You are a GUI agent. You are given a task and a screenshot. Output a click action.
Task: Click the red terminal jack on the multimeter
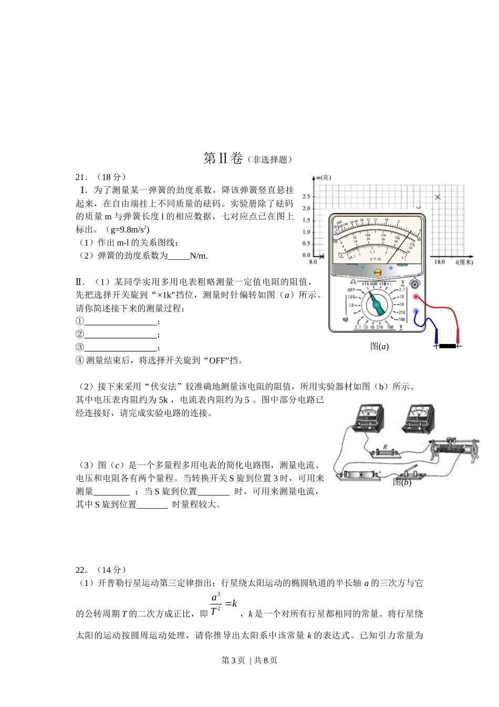[x=415, y=297]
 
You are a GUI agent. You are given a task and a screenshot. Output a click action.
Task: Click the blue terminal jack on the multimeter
[x=415, y=311]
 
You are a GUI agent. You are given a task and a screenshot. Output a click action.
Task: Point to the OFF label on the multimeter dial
[x=351, y=290]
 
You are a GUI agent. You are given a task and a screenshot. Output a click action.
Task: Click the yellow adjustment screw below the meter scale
[x=377, y=272]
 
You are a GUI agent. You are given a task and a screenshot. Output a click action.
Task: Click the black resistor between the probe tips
[x=447, y=346]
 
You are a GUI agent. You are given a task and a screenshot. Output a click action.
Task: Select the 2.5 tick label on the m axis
[x=306, y=197]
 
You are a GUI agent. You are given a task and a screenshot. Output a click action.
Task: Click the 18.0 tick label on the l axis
[x=439, y=261]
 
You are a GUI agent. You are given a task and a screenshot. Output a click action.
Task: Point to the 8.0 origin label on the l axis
[x=313, y=261]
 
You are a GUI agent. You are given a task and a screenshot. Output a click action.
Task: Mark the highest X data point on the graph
[x=438, y=197]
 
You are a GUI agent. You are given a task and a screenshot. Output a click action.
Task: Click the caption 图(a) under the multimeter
[x=379, y=346]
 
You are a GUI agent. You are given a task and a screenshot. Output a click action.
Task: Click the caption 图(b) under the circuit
[x=402, y=482]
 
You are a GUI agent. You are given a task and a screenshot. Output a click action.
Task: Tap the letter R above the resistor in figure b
[x=385, y=447]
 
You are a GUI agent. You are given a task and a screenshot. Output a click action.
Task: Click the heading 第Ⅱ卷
[x=223, y=158]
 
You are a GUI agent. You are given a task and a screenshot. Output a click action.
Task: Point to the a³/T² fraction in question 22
[x=216, y=604]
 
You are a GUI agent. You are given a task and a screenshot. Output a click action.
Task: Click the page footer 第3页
[x=233, y=660]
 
